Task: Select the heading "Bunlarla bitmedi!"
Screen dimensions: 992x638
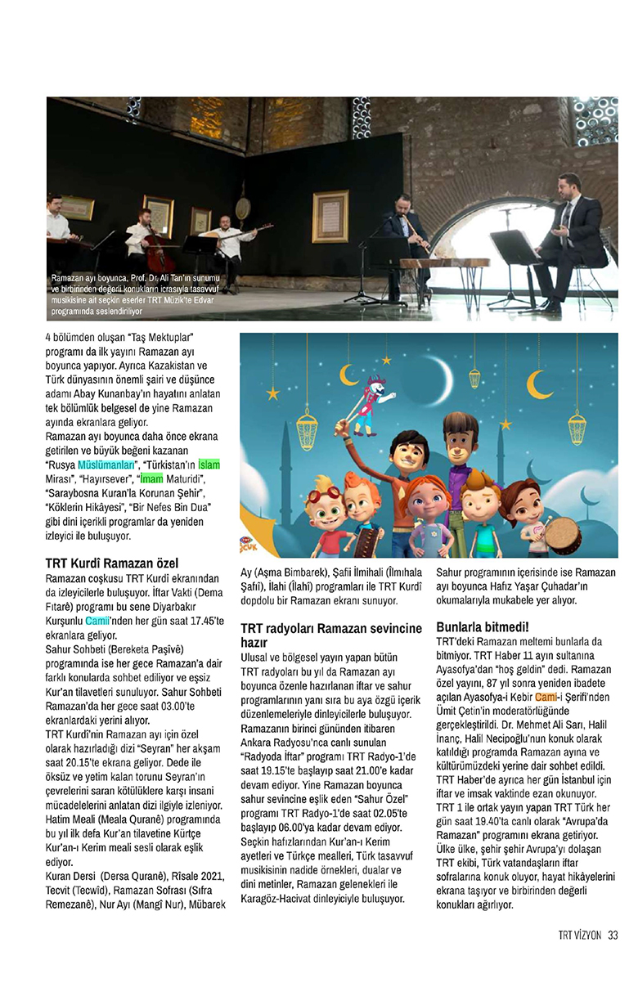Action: click(x=482, y=627)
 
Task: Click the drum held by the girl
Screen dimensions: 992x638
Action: click(x=562, y=533)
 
